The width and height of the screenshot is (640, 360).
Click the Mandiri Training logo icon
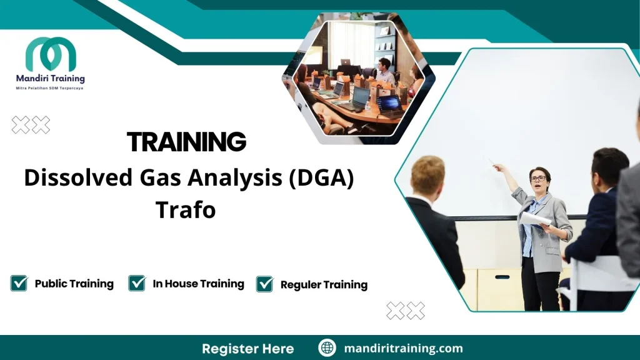point(51,54)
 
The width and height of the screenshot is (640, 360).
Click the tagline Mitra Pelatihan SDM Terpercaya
point(50,88)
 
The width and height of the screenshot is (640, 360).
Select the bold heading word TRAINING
point(186,142)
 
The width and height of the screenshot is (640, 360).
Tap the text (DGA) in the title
point(321,178)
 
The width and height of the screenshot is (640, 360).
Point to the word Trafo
point(186,209)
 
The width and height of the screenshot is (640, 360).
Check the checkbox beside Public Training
point(19,283)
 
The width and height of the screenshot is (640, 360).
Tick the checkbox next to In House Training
point(137,283)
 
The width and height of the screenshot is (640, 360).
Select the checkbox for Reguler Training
point(265,284)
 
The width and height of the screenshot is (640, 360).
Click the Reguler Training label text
point(324,284)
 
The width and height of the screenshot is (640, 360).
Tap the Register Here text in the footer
point(247,348)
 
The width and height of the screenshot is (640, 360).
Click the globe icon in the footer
point(327,348)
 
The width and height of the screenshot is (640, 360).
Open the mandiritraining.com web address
point(404,348)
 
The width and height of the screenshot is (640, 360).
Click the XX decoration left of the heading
point(31,125)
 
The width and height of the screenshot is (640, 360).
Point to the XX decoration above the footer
point(406,310)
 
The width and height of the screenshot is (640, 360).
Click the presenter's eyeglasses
point(537,179)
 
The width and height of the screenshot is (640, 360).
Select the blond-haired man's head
point(428,176)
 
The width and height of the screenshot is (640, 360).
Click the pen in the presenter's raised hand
point(492,162)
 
